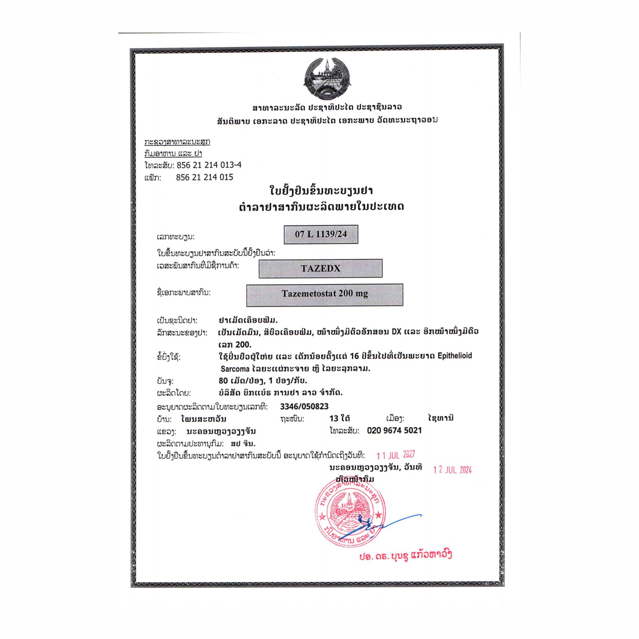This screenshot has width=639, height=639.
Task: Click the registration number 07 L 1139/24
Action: pos(321,234)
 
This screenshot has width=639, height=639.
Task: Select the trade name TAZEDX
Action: pos(321,268)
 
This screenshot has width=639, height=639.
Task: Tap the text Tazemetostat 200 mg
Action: pos(325,294)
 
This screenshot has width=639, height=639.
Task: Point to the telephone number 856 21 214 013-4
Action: pos(209,165)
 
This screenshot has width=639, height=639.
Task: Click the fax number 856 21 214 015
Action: pos(204,177)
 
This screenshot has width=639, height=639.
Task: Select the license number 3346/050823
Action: pos(304,406)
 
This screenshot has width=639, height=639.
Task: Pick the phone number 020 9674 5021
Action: pos(394,430)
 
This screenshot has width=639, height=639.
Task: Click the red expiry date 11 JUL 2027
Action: pos(396,455)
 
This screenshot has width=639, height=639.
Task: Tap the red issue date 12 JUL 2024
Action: pos(452,470)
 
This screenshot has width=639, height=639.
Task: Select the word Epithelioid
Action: pos(454,356)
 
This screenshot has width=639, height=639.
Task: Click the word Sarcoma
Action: pos(235,369)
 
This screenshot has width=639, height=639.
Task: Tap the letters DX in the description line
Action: pos(396,331)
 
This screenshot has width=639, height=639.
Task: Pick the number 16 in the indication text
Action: pos(354,356)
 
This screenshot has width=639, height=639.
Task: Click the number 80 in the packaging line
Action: pos(223,381)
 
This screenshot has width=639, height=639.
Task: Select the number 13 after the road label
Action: pos(334,418)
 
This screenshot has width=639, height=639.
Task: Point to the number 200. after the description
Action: pos(244,344)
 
